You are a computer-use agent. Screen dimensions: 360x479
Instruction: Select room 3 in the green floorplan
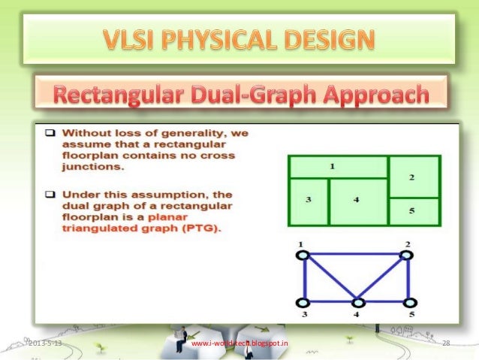309,201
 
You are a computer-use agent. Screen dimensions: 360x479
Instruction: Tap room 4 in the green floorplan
357,201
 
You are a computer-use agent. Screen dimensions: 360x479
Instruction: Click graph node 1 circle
303,255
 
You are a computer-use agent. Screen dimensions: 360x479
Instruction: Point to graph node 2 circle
407,255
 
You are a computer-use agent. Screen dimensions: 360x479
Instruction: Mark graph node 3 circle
303,302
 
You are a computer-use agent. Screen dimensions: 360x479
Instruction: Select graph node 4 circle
358,302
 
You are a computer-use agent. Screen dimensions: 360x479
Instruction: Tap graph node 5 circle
409,302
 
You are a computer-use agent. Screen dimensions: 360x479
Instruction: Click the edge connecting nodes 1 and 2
354,255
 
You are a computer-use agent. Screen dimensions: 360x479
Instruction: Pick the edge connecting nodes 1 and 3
303,279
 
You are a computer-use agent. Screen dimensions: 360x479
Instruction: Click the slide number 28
446,343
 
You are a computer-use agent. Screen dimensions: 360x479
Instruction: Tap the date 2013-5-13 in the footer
46,343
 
